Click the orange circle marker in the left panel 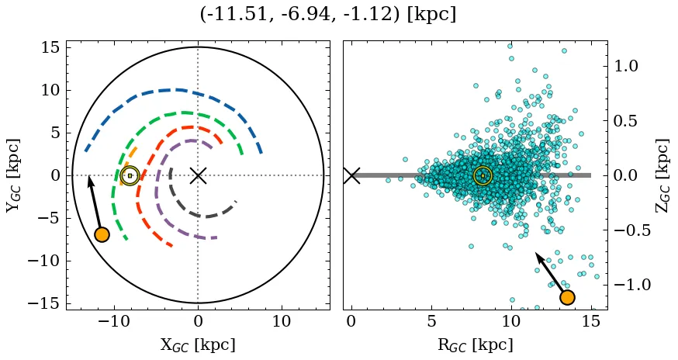pos(102,234)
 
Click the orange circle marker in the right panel pos(567,297)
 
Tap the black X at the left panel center pos(198,175)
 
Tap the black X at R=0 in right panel pos(351,175)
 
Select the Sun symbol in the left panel pos(130,175)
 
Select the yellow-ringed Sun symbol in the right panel pos(483,175)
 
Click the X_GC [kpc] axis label pos(198,345)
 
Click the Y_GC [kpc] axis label pos(13,175)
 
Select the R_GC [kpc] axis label pos(475,345)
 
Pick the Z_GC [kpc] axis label pos(662,175)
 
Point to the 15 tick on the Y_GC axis pos(50,47)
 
